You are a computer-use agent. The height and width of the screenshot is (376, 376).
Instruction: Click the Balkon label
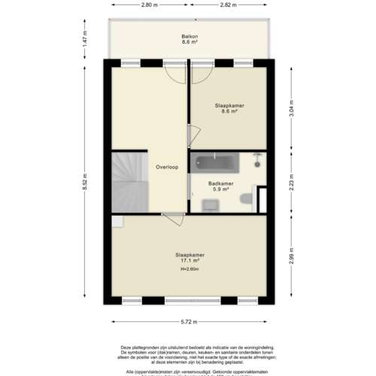(189, 36)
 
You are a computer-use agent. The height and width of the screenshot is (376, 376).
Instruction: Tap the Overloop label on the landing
(166, 167)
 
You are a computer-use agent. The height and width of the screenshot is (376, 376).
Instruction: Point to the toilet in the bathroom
(246, 199)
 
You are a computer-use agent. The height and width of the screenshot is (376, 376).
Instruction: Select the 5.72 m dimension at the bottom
(189, 322)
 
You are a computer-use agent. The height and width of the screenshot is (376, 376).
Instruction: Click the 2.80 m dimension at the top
(149, 5)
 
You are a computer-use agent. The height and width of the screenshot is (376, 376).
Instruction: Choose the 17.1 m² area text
(189, 261)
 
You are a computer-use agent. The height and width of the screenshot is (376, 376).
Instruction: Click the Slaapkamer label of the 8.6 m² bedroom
(226, 105)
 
